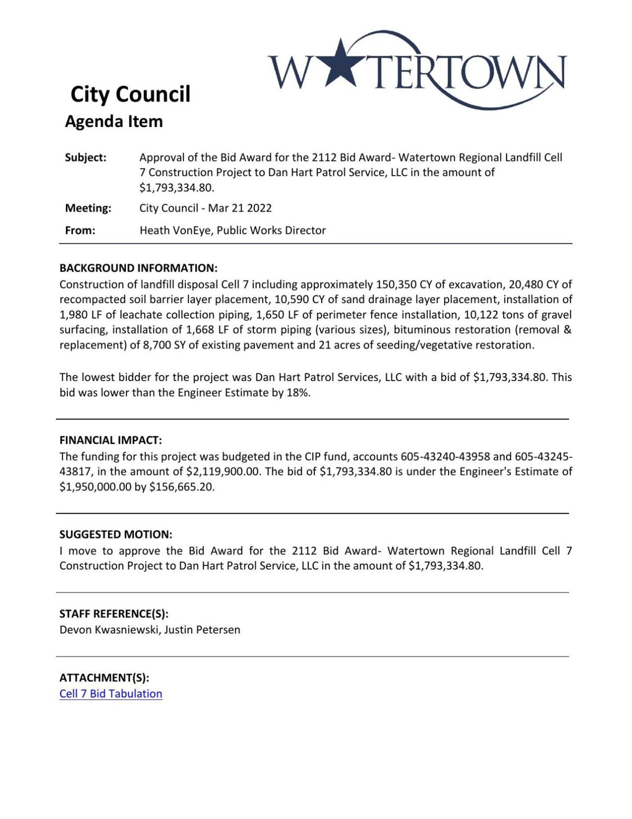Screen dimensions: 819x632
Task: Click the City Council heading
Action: tap(130, 94)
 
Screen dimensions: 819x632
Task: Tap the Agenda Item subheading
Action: tap(114, 121)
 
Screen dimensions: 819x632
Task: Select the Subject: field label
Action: tap(85, 158)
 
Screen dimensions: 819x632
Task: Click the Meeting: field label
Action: tap(88, 208)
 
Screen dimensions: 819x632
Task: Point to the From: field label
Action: tap(80, 230)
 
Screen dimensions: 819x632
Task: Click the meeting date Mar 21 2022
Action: tap(240, 208)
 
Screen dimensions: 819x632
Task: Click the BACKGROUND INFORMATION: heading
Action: tap(138, 268)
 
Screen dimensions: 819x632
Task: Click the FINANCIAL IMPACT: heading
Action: tap(111, 440)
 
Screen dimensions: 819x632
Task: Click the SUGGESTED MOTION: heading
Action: tap(115, 534)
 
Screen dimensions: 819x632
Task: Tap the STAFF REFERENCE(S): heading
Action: tap(114, 613)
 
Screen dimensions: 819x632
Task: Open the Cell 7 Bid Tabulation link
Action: tap(111, 694)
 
